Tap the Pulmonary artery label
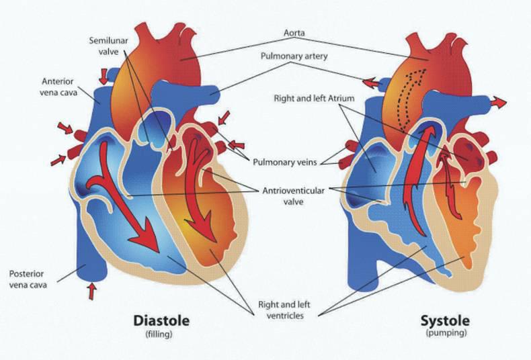coord(294,56)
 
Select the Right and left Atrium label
coord(315,98)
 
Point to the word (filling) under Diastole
coord(161,334)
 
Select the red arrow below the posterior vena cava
coord(92,290)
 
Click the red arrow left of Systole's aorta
coord(369,82)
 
